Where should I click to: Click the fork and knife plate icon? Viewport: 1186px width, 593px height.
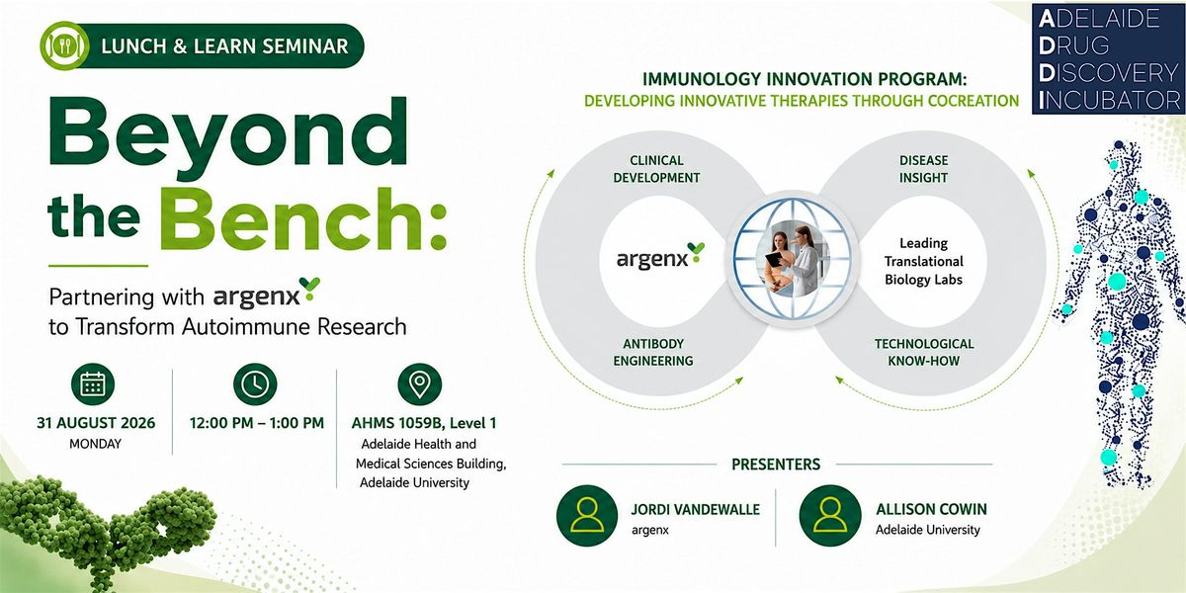(x=64, y=45)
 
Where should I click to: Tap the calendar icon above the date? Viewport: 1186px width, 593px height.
(x=93, y=383)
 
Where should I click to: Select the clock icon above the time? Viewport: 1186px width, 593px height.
(x=255, y=383)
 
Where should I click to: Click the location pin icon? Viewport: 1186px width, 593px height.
(x=420, y=383)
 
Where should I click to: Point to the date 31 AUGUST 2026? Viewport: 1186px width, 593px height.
(x=96, y=423)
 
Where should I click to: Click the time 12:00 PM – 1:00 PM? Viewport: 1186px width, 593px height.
(x=257, y=423)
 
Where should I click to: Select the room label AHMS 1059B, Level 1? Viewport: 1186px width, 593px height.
(x=424, y=423)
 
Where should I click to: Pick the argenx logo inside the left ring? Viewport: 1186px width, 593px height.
(x=660, y=258)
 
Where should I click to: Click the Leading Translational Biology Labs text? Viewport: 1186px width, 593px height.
(x=923, y=261)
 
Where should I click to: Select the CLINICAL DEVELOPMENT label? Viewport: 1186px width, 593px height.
(x=656, y=169)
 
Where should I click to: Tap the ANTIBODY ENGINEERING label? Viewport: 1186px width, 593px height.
(x=653, y=352)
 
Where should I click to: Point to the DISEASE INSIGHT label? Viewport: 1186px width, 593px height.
(x=923, y=169)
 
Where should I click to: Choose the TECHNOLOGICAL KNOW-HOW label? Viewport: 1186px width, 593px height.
(x=924, y=352)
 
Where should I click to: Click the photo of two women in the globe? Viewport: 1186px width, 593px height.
(x=793, y=258)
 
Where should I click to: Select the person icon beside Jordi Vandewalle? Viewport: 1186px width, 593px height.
(x=587, y=516)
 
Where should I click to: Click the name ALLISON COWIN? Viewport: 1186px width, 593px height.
(x=931, y=509)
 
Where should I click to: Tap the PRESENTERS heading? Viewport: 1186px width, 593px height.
(x=776, y=465)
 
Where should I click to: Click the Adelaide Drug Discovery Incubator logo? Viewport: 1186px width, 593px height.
(x=1108, y=58)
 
